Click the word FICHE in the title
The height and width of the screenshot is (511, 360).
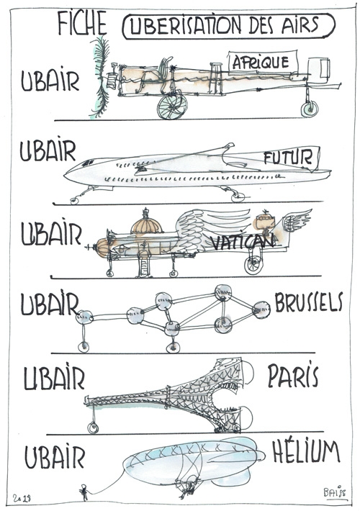point(82,23)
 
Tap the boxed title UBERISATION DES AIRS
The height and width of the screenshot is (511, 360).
point(228,26)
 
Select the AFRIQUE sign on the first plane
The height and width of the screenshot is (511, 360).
point(263,62)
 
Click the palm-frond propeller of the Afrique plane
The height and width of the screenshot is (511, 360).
point(101,77)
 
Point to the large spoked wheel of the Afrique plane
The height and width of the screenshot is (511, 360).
point(172,106)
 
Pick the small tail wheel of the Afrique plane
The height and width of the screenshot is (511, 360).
point(309,109)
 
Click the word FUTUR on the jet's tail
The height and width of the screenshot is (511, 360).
point(288,158)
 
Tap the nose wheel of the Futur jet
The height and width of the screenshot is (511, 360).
point(74,201)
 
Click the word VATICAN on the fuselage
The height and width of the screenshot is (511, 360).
point(242,242)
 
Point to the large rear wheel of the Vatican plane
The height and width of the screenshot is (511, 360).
point(253,265)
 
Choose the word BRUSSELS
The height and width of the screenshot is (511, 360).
point(308,302)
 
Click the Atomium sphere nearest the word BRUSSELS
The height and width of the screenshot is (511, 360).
point(261,309)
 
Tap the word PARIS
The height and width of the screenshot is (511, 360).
point(293,375)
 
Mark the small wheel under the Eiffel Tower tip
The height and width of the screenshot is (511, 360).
point(93,428)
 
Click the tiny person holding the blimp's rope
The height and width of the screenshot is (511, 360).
point(84,492)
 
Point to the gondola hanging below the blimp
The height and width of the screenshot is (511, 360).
point(187,487)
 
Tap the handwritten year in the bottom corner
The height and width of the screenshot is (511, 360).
point(22,498)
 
